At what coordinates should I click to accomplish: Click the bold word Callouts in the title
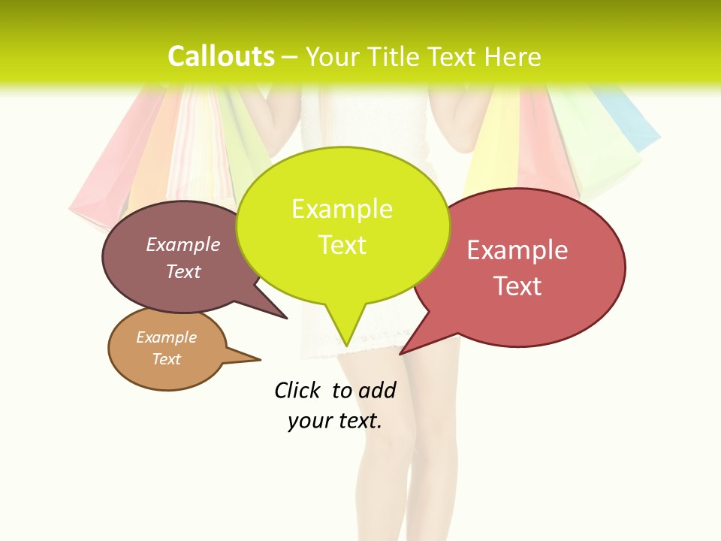[221, 56]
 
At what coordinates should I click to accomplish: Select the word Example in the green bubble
[342, 209]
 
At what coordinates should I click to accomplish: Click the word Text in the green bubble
[342, 245]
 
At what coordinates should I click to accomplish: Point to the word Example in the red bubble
[517, 250]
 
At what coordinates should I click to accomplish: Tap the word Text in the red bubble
[518, 286]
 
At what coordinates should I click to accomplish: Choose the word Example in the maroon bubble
[183, 244]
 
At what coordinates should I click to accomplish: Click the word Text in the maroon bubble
[183, 271]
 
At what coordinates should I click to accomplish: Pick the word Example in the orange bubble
[167, 337]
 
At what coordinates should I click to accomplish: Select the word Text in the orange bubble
[167, 359]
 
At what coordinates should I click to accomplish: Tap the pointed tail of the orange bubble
[252, 359]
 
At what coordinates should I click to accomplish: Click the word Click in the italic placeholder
[297, 390]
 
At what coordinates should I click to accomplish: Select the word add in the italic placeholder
[377, 391]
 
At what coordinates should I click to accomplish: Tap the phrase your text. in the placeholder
[335, 421]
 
